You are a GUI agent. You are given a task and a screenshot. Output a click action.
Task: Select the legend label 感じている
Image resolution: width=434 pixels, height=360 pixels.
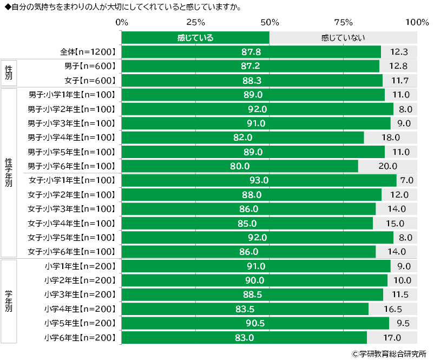[x=195, y=38]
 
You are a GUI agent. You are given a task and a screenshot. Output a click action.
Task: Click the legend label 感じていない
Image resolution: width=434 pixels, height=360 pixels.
[x=343, y=38]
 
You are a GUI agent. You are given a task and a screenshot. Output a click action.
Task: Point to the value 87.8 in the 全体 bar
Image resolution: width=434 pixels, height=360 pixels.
[x=251, y=52]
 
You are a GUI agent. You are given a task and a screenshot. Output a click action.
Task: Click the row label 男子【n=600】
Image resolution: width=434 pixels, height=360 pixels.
[x=90, y=66]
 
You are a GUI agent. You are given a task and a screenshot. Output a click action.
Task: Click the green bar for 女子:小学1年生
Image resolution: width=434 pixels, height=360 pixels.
[x=259, y=180]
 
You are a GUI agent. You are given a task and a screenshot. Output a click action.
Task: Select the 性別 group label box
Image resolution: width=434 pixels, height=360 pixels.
[x=8, y=73]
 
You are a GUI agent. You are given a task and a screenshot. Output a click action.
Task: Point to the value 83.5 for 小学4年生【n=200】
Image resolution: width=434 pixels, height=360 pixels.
[x=245, y=309]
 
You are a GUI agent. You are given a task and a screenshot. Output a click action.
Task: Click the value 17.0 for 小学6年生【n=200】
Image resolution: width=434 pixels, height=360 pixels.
[x=392, y=338]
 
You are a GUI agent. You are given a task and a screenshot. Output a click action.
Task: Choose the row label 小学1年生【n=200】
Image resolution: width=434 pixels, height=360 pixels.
[x=81, y=266]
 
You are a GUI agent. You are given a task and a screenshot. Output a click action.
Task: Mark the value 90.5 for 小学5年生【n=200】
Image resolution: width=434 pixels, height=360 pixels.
[x=255, y=323]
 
